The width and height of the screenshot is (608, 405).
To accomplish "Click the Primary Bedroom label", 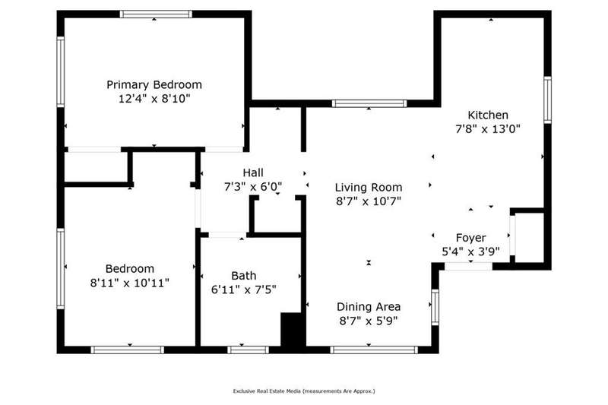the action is coord(154,84).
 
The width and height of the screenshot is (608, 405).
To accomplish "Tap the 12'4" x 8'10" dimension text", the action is coord(154,99).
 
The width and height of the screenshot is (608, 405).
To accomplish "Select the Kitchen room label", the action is coord(488,115).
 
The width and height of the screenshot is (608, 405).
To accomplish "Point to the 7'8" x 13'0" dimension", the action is coord(488,128).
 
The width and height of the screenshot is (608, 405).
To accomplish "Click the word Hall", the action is coord(253,172).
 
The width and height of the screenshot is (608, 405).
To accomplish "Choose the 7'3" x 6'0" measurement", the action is coord(253,187).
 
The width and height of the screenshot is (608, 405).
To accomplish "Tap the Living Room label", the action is coord(369,188).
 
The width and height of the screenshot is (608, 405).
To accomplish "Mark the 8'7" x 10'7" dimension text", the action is coord(369,201).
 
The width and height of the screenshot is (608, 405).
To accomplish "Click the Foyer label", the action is coord(470,238).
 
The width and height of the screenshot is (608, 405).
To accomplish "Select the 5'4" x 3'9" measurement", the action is coord(470,252).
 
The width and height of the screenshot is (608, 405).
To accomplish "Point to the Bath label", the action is coord(243,276).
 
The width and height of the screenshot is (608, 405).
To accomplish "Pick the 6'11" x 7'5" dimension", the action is coord(243,290).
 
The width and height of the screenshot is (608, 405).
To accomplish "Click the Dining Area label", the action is coord(369,306).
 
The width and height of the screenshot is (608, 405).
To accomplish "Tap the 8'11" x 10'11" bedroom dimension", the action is coord(129,283).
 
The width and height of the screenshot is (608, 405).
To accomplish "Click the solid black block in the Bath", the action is coord(292,330).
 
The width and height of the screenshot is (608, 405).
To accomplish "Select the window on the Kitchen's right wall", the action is coord(547,100).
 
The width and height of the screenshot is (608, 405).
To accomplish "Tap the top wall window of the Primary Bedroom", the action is coord(156,14).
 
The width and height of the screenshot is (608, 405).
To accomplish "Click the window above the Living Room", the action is coord(369,103).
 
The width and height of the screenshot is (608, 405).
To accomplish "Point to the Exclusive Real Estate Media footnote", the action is coord(304,391).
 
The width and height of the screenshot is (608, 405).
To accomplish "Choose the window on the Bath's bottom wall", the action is coord(248,350).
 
